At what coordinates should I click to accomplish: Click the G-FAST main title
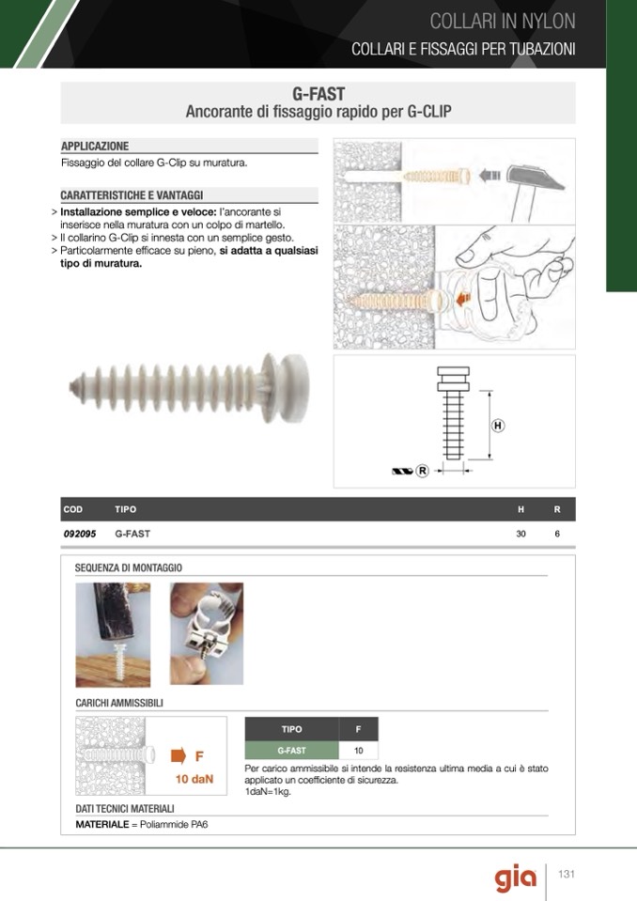pos(318,94)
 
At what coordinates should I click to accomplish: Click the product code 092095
pos(80,534)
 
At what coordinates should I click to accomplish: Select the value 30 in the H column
pos(521,534)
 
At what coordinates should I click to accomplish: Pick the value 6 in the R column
pos(557,534)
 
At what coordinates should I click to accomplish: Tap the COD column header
pos(73,509)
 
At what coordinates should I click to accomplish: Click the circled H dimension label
pos(498,426)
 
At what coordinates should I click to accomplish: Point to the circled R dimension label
pos(422,472)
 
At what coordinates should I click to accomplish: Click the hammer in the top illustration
pos(532,187)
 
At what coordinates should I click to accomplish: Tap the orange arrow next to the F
pos(179,755)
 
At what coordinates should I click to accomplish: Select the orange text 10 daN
pos(194,779)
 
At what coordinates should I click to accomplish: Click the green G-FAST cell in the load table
pos(292,751)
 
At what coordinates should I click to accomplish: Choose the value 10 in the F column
pos(358,751)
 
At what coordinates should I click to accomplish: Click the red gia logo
pos(515,877)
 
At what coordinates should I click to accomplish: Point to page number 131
pos(567,874)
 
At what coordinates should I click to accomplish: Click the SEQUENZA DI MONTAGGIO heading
pos(129,567)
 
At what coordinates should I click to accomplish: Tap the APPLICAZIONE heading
pos(95,146)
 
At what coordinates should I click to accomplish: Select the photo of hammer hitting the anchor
pos(113,635)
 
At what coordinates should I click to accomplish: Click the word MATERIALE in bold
pos(102,825)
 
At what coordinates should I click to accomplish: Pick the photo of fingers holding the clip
pos(207,634)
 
